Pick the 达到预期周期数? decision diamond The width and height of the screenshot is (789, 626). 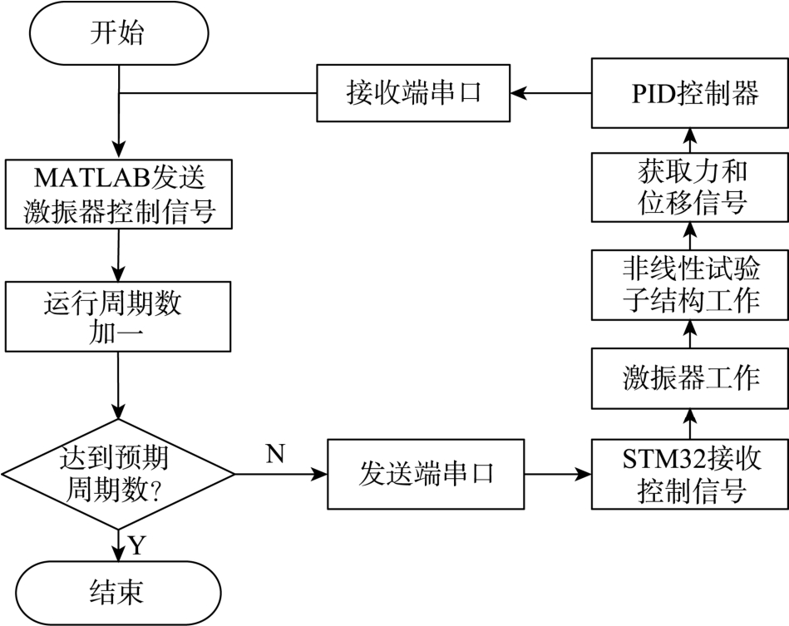(118, 474)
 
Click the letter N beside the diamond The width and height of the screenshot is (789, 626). (276, 454)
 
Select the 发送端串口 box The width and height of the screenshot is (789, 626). (427, 474)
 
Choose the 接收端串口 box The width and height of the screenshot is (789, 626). (413, 91)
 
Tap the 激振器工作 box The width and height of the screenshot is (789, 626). (689, 377)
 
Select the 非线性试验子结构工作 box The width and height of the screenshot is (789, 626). (689, 284)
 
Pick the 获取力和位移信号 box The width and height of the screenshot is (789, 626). (689, 188)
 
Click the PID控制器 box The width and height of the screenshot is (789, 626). (689, 91)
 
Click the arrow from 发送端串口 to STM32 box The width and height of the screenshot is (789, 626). (558, 475)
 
